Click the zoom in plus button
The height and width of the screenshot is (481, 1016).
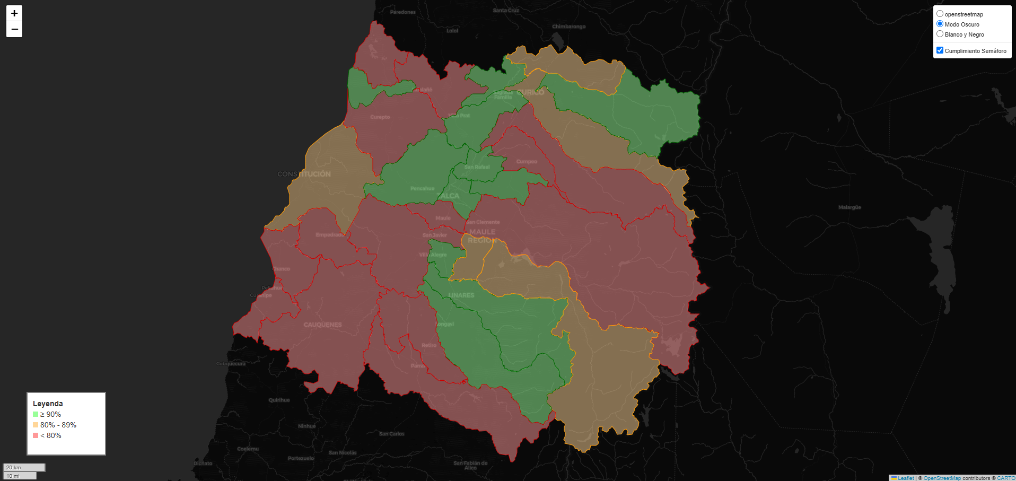click(14, 13)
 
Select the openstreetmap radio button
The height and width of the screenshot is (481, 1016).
click(940, 14)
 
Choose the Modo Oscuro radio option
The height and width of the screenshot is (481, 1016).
click(940, 24)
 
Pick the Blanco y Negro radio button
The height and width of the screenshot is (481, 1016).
click(940, 34)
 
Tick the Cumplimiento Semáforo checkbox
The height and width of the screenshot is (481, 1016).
click(940, 50)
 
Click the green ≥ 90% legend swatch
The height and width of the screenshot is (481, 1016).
click(36, 414)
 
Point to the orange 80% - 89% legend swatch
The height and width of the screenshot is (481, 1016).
click(36, 425)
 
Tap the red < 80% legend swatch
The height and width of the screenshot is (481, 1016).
click(36, 435)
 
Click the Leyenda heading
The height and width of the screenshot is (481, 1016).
click(48, 404)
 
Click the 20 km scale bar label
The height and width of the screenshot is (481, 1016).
click(14, 467)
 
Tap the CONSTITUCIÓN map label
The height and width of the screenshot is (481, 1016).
click(304, 174)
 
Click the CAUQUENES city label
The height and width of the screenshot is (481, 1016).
click(322, 325)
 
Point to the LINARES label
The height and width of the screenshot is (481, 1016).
click(461, 295)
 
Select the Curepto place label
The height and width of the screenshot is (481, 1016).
click(380, 117)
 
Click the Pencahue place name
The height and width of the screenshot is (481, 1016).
click(422, 188)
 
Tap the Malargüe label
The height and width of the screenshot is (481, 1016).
click(849, 207)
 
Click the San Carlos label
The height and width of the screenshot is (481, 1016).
click(392, 434)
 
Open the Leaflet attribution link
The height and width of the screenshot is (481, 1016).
click(906, 478)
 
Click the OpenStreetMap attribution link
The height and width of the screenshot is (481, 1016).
click(942, 478)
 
